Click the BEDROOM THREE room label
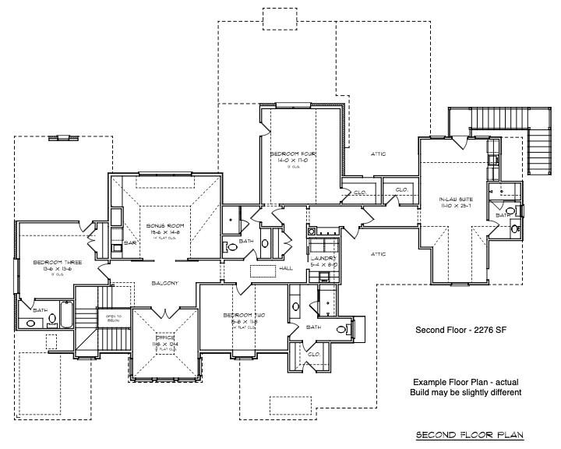tap(52, 263)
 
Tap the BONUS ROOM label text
tap(164, 225)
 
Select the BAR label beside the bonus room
tap(130, 243)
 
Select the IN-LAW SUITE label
tap(457, 200)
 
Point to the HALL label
tap(286, 267)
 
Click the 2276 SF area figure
tap(485, 330)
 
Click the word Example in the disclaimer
tap(431, 381)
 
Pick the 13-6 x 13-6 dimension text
tap(52, 269)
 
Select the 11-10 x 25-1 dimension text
tap(457, 207)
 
